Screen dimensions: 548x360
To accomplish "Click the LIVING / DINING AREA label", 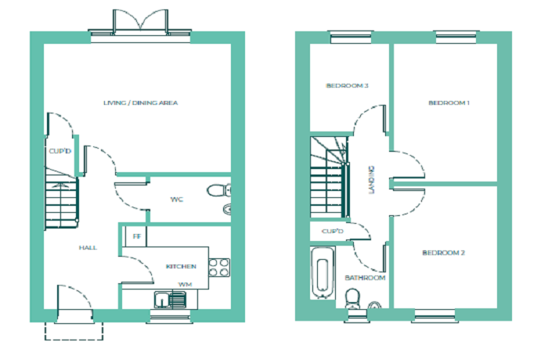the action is (x=140, y=103).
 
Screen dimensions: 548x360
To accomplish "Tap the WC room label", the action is (x=176, y=200).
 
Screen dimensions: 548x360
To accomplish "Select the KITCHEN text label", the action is (x=181, y=266).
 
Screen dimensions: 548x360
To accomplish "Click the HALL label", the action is (x=88, y=248).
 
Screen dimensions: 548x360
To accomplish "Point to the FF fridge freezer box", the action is (x=136, y=236).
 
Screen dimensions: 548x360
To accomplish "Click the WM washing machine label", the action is (x=185, y=285).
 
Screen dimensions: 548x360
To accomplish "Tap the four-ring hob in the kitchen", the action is (x=219, y=268).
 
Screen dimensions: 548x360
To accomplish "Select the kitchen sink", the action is (x=170, y=301).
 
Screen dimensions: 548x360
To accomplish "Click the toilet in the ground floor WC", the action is (x=218, y=191).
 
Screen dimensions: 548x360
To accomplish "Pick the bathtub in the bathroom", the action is (x=323, y=273).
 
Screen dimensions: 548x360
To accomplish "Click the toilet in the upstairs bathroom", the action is (x=352, y=298).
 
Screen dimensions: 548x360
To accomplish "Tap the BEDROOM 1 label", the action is (x=449, y=103).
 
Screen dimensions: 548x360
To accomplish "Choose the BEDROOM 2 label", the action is (x=444, y=253).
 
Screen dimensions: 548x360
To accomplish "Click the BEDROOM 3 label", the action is (x=347, y=85).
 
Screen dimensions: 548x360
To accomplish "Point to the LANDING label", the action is (x=371, y=180).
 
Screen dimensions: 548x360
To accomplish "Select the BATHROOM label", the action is (x=365, y=278).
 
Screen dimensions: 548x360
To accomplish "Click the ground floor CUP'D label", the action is (x=59, y=151).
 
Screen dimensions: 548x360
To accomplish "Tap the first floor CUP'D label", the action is (x=333, y=232).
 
